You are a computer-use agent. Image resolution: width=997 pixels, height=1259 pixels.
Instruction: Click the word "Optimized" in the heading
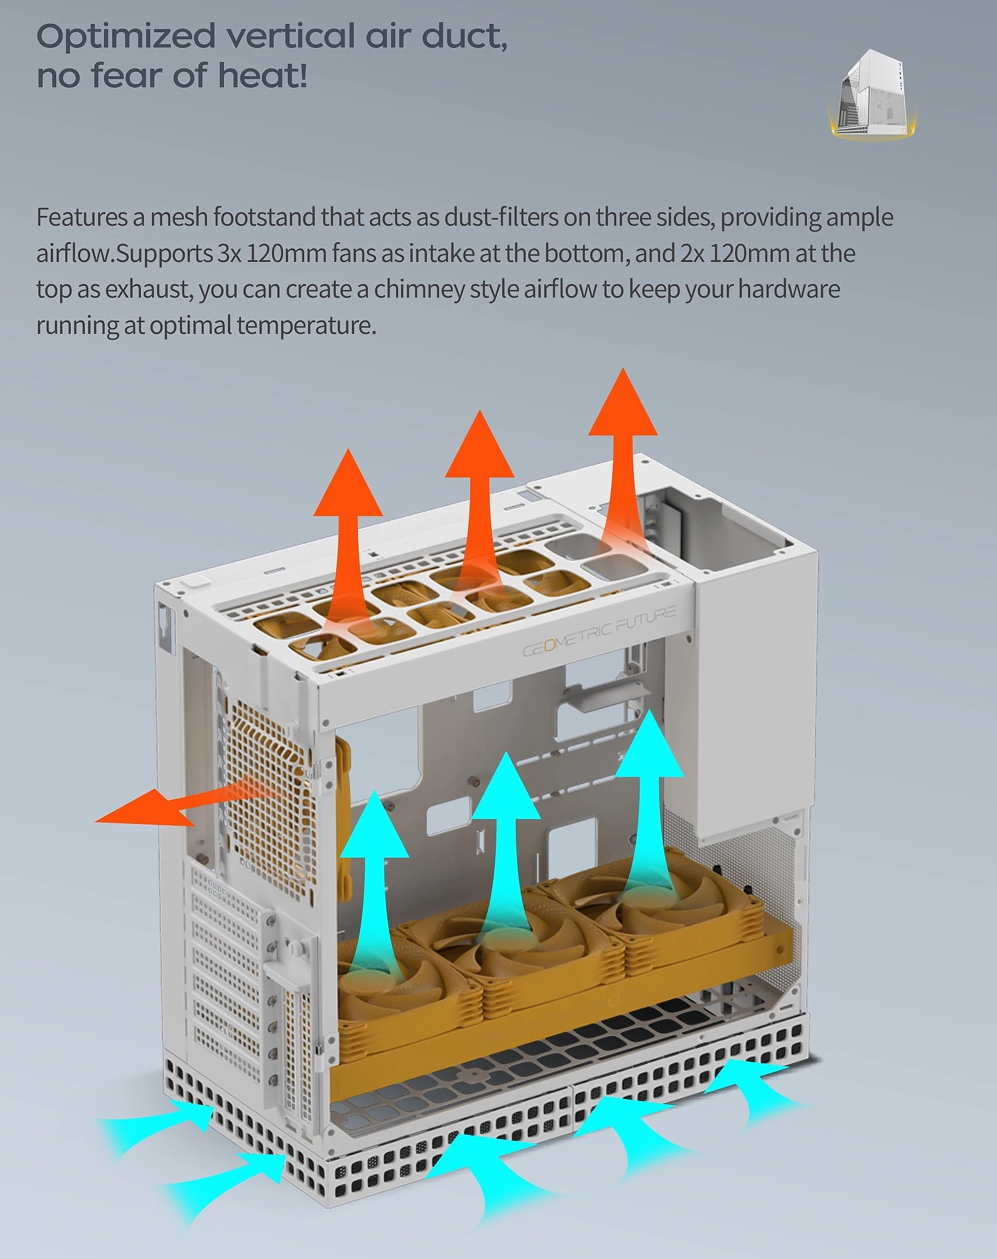pyautogui.click(x=126, y=37)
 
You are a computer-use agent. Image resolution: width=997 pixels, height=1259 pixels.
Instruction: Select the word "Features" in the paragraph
pyautogui.click(x=81, y=218)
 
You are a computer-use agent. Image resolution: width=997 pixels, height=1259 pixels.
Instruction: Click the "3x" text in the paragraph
pyautogui.click(x=229, y=254)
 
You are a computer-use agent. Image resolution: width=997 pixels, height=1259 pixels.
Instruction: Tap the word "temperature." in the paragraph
pyautogui.click(x=306, y=326)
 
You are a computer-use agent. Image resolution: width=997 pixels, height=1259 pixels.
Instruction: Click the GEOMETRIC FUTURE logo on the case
pyautogui.click(x=599, y=632)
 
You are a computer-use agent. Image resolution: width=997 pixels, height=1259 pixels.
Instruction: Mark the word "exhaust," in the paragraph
pyautogui.click(x=149, y=289)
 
